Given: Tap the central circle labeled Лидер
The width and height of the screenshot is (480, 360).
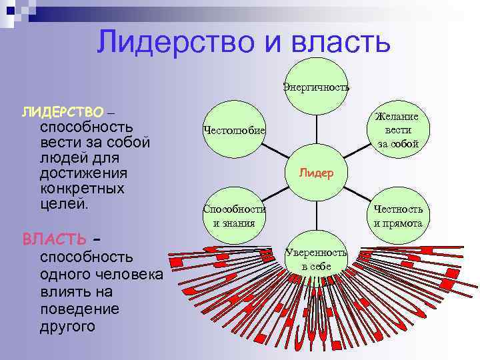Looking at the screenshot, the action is pos(316,172).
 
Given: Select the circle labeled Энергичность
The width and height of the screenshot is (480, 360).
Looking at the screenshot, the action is pos(316,87).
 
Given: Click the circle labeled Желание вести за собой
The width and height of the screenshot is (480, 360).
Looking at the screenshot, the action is pos(398,129).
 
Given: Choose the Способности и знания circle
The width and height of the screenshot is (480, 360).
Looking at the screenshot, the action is pos(234,215).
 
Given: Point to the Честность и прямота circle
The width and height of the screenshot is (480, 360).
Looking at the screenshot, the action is pos(398,215).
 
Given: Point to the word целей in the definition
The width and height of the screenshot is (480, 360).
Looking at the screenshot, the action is pos(63,203).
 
